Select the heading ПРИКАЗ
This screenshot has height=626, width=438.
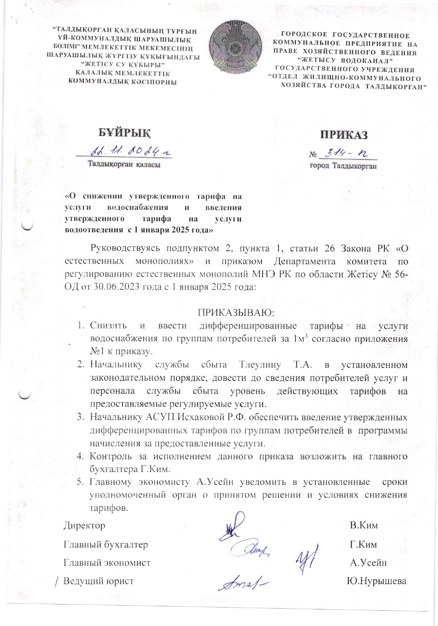click(344, 135)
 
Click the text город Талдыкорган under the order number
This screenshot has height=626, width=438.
click(343, 166)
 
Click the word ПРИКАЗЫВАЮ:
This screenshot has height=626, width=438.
click(236, 313)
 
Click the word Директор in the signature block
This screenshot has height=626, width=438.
click(84, 525)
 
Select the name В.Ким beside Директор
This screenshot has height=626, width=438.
click(364, 525)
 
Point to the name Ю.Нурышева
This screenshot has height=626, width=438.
click(377, 581)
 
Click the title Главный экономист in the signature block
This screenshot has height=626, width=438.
click(107, 562)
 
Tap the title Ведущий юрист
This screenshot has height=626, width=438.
click(98, 581)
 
